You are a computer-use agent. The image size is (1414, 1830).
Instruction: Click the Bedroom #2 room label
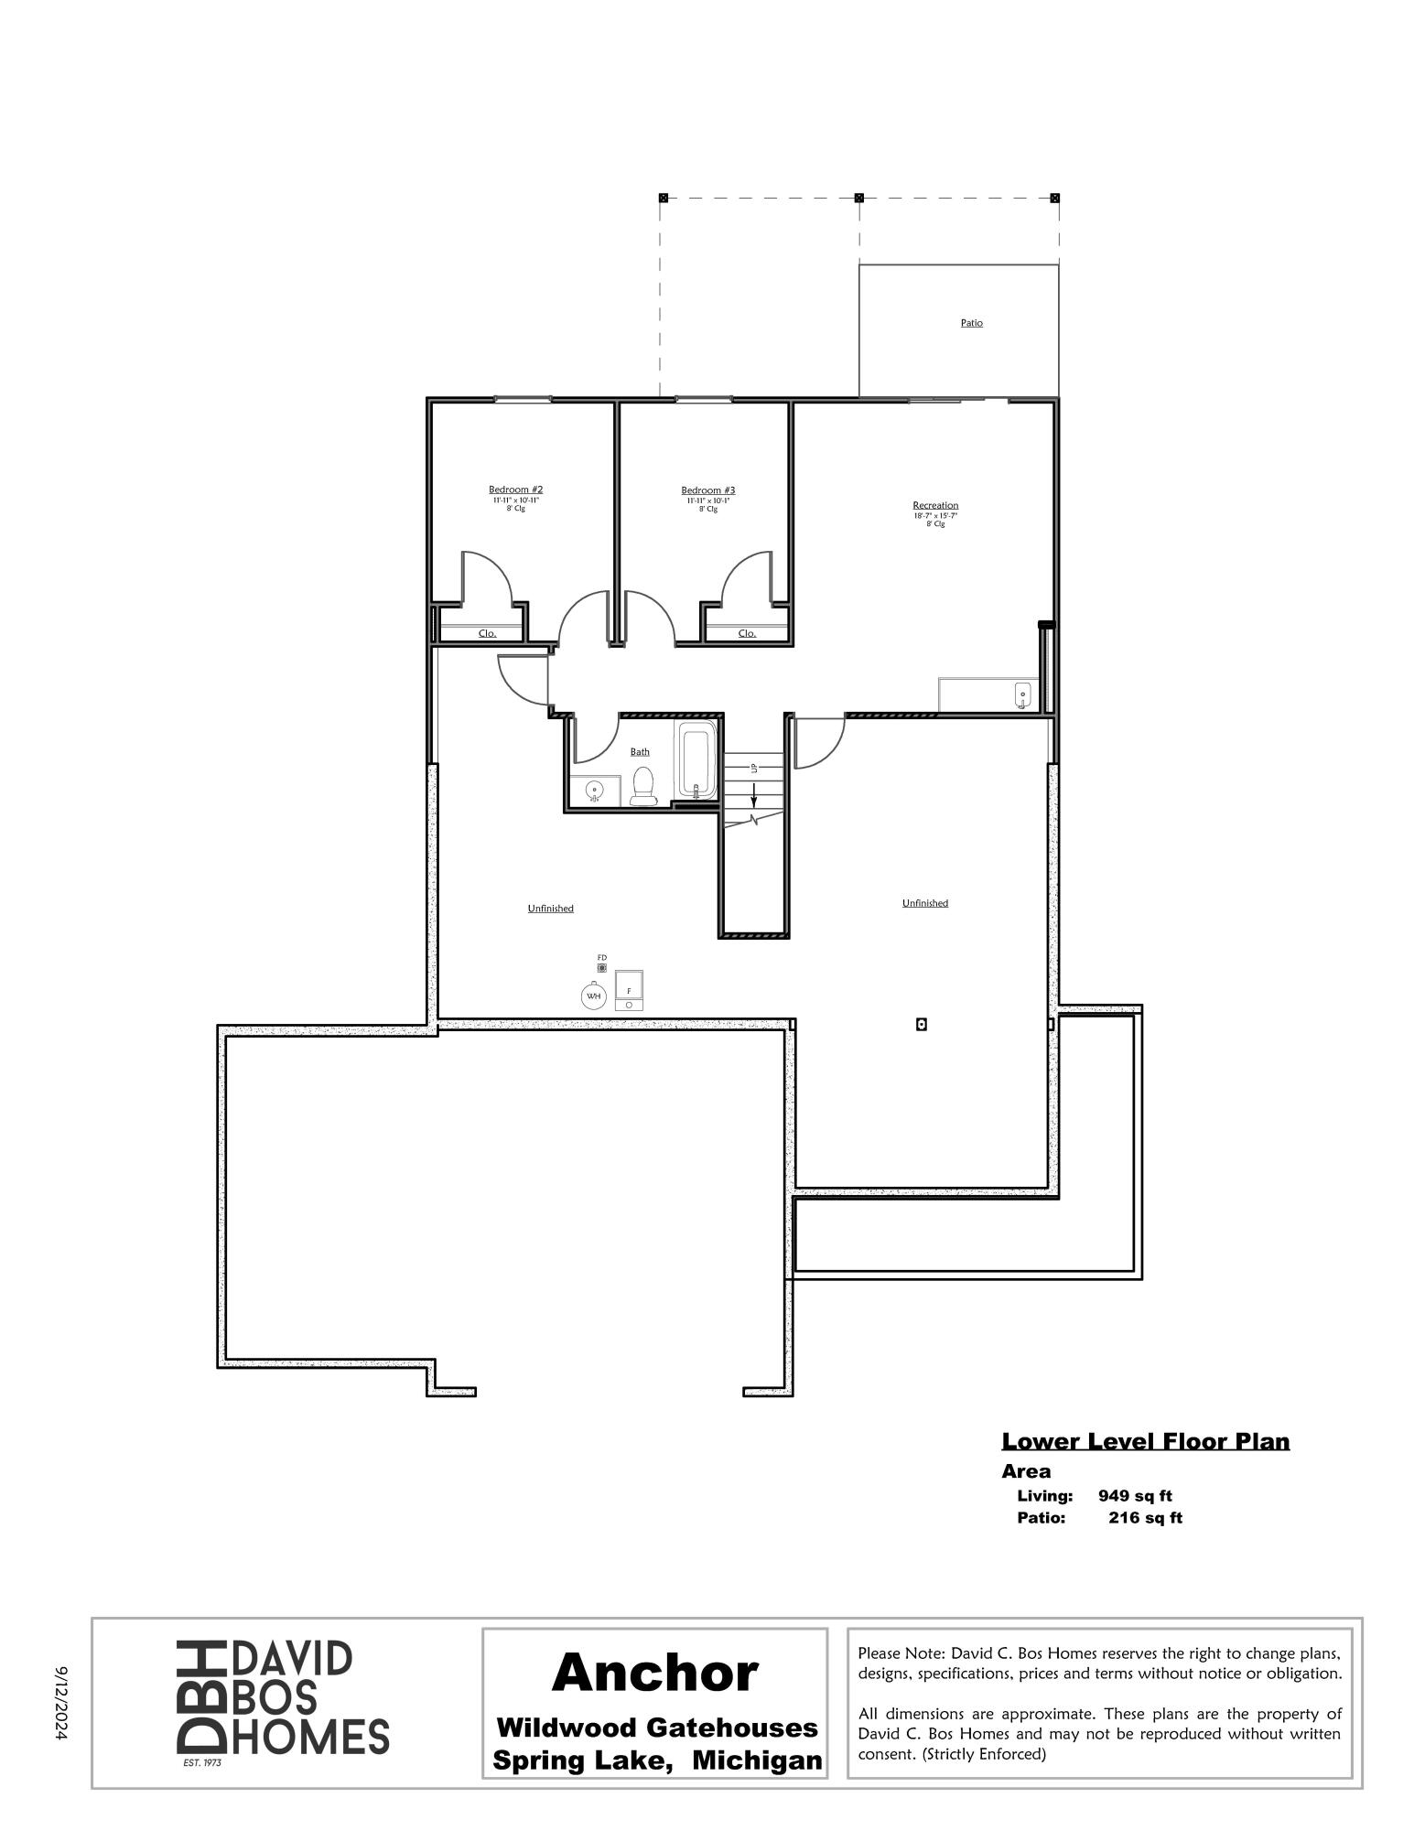[x=515, y=490]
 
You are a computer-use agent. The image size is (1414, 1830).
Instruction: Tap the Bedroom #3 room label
[x=707, y=490]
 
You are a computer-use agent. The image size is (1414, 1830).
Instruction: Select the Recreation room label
[x=935, y=505]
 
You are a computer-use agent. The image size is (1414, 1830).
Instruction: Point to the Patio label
[x=972, y=323]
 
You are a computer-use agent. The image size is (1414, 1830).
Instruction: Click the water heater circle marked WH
[x=593, y=996]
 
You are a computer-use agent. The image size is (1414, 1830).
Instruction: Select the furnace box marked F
[x=629, y=990]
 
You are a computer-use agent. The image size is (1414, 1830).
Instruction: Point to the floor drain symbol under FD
[x=602, y=967]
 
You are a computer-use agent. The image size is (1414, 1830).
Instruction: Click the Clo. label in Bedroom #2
[x=487, y=633]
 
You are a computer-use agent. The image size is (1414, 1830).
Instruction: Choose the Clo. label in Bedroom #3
[x=747, y=633]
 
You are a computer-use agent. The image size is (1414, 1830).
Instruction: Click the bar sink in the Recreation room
[x=1022, y=696]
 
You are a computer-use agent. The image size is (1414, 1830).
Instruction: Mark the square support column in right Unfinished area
[x=922, y=1024]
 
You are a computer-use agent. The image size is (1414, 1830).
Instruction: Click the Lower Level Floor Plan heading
[x=1145, y=1441]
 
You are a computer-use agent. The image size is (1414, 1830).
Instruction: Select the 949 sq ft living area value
[x=1135, y=1496]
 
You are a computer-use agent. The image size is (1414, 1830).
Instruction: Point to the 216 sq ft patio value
[x=1145, y=1518]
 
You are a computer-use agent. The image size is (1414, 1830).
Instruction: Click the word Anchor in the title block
[x=654, y=1672]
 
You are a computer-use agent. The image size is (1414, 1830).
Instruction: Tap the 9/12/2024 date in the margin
[x=62, y=1702]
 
